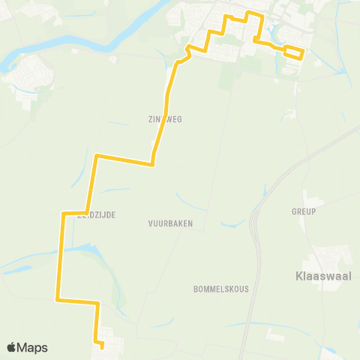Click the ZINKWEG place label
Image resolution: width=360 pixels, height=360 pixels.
pyautogui.click(x=166, y=118)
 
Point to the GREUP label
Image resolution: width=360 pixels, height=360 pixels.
pyautogui.click(x=304, y=211)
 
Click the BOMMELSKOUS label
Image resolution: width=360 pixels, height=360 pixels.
pyautogui.click(x=215, y=289)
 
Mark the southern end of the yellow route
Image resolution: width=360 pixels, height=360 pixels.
pyautogui.click(x=101, y=346)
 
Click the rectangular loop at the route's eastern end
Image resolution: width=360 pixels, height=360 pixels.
pyautogui.click(x=293, y=52)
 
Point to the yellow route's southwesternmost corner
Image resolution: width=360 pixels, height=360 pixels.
pyautogui.click(x=58, y=300)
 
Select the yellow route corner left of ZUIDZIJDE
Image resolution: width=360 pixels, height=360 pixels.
pyautogui.click(x=62, y=214)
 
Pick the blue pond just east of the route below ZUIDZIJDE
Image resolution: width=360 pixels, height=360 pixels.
pyautogui.click(x=83, y=247)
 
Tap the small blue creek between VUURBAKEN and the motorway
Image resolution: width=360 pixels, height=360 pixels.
pyautogui.click(x=232, y=222)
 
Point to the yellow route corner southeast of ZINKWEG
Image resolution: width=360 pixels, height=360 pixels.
pyautogui.click(x=152, y=163)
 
